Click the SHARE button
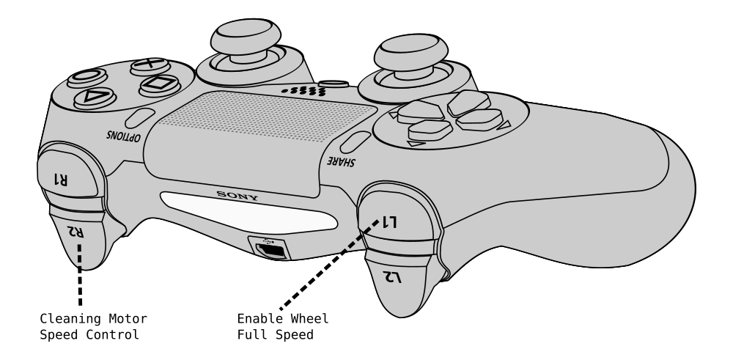[x=355, y=143]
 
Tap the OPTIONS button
[x=139, y=118]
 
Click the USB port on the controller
[x=272, y=249]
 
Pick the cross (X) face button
[x=150, y=65]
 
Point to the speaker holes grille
[x=303, y=92]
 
